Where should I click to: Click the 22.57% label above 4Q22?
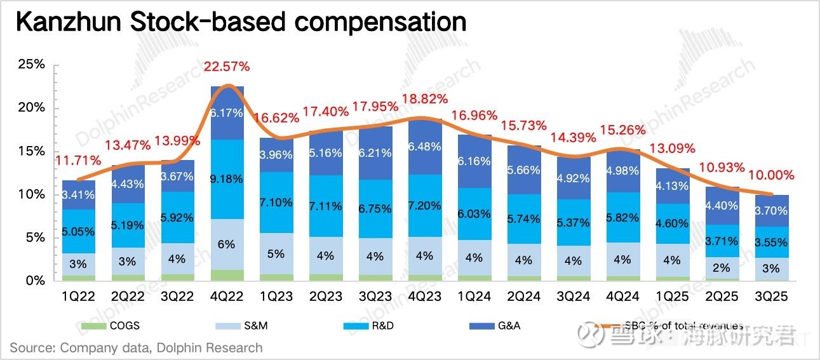pos(227,66)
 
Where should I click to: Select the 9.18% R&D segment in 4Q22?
pos(227,179)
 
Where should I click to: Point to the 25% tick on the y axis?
pos(32,65)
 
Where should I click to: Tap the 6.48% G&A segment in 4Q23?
pos(425,146)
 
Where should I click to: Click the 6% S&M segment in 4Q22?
pos(227,244)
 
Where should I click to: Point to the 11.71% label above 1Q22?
pos(79,162)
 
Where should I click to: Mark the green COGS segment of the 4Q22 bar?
pos(227,275)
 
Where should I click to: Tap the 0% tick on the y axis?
pos(35,281)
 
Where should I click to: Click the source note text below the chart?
pos(135,347)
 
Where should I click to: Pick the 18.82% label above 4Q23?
pos(425,98)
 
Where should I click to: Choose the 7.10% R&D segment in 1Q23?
pos(276,203)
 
